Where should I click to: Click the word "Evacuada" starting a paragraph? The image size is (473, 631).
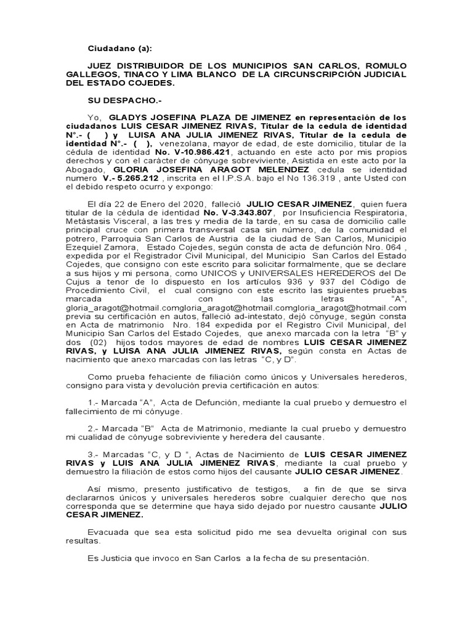pyautogui.click(x=107, y=531)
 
